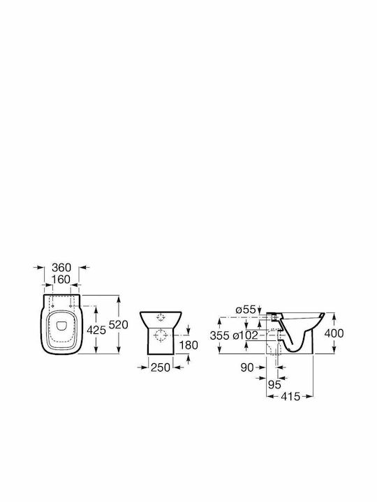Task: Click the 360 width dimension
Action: point(61,267)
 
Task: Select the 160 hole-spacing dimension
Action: point(61,279)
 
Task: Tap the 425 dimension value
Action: point(96,330)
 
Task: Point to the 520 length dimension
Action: point(118,325)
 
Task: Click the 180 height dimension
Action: point(188,345)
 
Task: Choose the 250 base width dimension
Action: point(161,367)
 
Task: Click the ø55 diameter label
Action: point(246,310)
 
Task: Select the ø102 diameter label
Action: point(246,335)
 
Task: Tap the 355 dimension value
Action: point(220,335)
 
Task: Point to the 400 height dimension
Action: point(334,333)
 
